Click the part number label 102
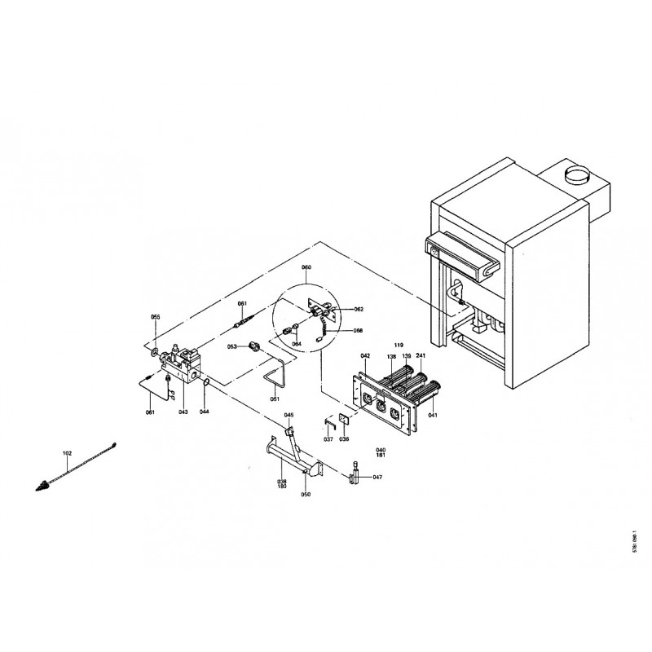pyautogui.click(x=67, y=452)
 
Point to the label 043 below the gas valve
pyautogui.click(x=183, y=412)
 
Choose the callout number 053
pyautogui.click(x=231, y=346)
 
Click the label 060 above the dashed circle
pyautogui.click(x=306, y=267)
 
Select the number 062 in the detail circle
pyautogui.click(x=359, y=310)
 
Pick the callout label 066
pyautogui.click(x=358, y=331)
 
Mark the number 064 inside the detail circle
pyautogui.click(x=297, y=344)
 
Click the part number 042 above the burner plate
pyautogui.click(x=365, y=356)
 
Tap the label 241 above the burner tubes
pyautogui.click(x=421, y=356)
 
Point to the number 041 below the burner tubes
pyautogui.click(x=433, y=416)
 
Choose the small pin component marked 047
pyautogui.click(x=356, y=476)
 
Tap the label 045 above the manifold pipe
pyautogui.click(x=289, y=415)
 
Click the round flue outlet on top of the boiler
pyautogui.click(x=576, y=174)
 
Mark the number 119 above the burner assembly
pyautogui.click(x=399, y=345)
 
